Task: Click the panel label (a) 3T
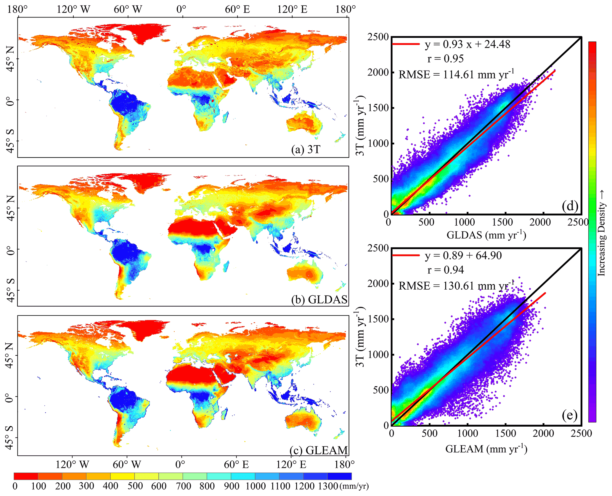(306, 149)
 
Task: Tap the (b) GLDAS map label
(319, 299)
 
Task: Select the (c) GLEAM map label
(319, 450)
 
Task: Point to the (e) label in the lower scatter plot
(570, 416)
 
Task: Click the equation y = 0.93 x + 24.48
(468, 44)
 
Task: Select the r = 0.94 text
(446, 270)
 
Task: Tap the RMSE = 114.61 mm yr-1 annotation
(456, 74)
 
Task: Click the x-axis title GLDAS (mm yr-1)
(486, 235)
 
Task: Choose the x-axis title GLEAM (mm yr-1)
(486, 449)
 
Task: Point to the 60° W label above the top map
(128, 9)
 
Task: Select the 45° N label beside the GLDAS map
(11, 208)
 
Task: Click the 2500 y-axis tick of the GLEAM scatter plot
(378, 248)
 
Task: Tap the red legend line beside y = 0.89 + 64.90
(406, 255)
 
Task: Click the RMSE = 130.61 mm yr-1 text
(456, 286)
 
